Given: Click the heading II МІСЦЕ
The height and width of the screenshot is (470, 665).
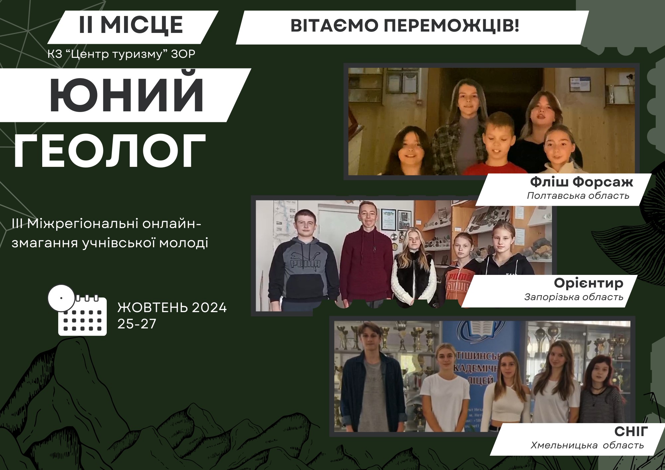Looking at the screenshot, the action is coord(131,25).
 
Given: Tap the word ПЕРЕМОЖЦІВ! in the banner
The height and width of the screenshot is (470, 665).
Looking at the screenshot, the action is coord(451,26).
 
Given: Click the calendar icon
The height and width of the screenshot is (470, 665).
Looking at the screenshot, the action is coord(77,310).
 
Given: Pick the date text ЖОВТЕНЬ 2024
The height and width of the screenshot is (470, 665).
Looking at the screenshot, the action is coord(172,308).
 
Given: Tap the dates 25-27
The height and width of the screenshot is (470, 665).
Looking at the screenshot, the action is coord(137,324).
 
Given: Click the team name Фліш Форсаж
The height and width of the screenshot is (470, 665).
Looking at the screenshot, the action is coord(582,182).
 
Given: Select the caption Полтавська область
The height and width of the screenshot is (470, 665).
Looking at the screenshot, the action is coord(578,195).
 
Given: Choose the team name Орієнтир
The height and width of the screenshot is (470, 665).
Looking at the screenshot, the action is coord(589,283).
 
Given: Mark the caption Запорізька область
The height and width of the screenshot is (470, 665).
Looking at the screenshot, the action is coord(574,297).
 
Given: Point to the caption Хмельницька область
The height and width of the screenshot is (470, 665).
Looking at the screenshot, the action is coord(588,445).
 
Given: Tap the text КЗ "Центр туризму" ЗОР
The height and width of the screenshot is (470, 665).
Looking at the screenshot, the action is coord(121,54).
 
